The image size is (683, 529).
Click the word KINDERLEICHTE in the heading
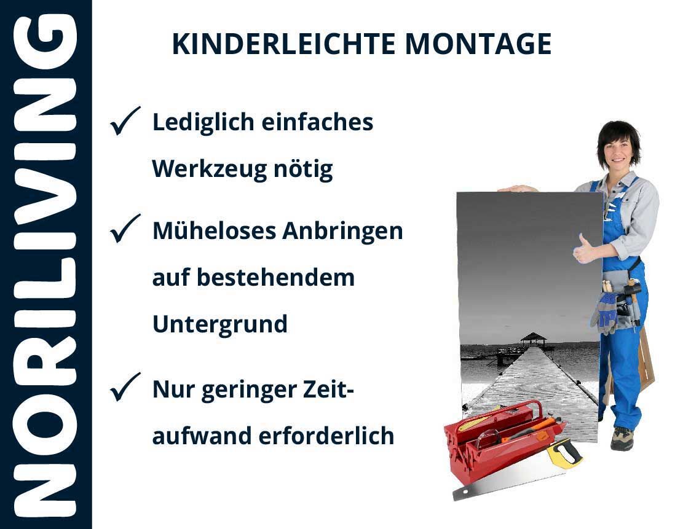pyautogui.click(x=283, y=44)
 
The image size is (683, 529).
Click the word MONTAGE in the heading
pyautogui.click(x=478, y=44)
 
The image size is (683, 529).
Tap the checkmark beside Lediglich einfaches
pyautogui.click(x=125, y=120)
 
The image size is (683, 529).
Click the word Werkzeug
pyautogui.click(x=209, y=170)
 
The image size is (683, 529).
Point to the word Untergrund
pyautogui.click(x=220, y=324)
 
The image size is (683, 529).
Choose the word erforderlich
pyautogui.click(x=326, y=436)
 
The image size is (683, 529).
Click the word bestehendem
pyautogui.click(x=276, y=277)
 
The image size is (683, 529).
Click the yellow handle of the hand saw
pyautogui.click(x=564, y=453)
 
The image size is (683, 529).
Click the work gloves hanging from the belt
pyautogui.click(x=605, y=312)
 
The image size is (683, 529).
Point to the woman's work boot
pyautogui.click(x=622, y=438)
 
